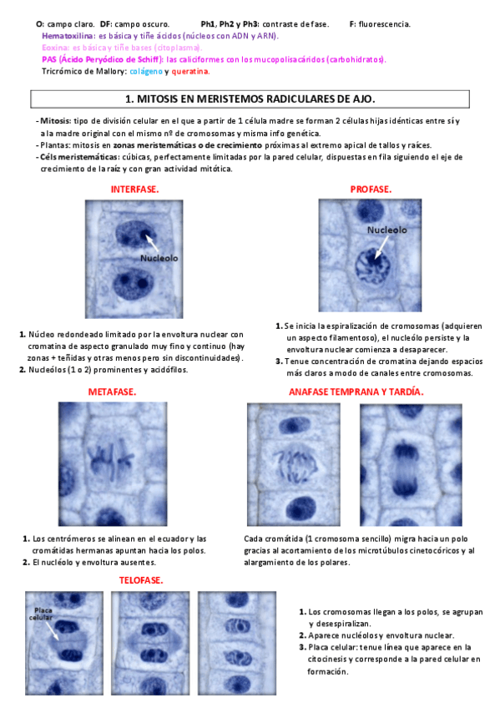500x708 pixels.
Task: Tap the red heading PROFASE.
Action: pos(371,190)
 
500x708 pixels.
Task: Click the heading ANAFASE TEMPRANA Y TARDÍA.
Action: pos(356,392)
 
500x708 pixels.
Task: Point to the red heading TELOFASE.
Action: pos(140,579)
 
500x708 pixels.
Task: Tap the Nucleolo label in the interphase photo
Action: pos(159,258)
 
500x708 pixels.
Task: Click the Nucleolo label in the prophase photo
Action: pos(386,230)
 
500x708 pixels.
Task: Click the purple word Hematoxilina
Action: pos(68,37)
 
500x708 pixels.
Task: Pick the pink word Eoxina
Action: pos(55,48)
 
